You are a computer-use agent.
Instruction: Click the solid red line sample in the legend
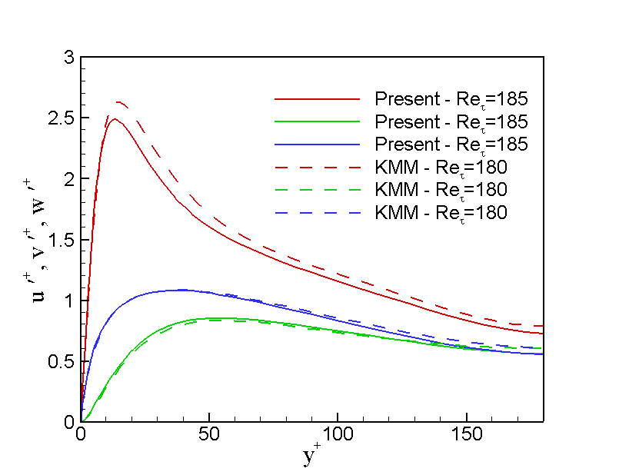(317, 100)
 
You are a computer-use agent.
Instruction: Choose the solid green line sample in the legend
(317, 122)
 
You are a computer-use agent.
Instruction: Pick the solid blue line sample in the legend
(317, 144)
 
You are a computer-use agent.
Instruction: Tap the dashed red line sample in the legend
(317, 167)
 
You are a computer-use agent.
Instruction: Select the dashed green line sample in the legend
(317, 189)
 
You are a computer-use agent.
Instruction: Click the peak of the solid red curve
(115, 118)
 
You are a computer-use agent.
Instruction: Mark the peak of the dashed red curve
(119, 101)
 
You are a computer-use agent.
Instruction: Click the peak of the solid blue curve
(181, 290)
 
